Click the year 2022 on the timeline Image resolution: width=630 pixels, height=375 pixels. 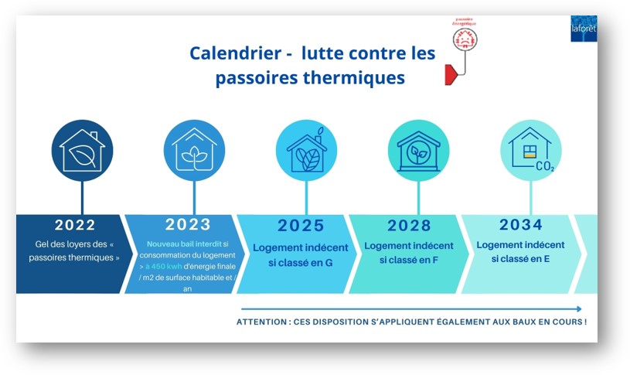(75, 225)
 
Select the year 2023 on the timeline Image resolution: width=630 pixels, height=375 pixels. (188, 224)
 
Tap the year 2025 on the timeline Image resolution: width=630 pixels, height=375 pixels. (301, 227)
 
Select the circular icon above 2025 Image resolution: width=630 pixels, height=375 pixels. (306, 150)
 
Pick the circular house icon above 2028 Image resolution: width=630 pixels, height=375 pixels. (418, 150)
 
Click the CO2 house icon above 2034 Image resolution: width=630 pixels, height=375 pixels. (531, 150)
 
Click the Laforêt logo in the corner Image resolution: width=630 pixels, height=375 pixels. (584, 29)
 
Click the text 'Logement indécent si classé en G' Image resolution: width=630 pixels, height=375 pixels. (300, 254)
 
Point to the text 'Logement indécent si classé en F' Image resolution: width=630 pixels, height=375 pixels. (409, 253)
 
